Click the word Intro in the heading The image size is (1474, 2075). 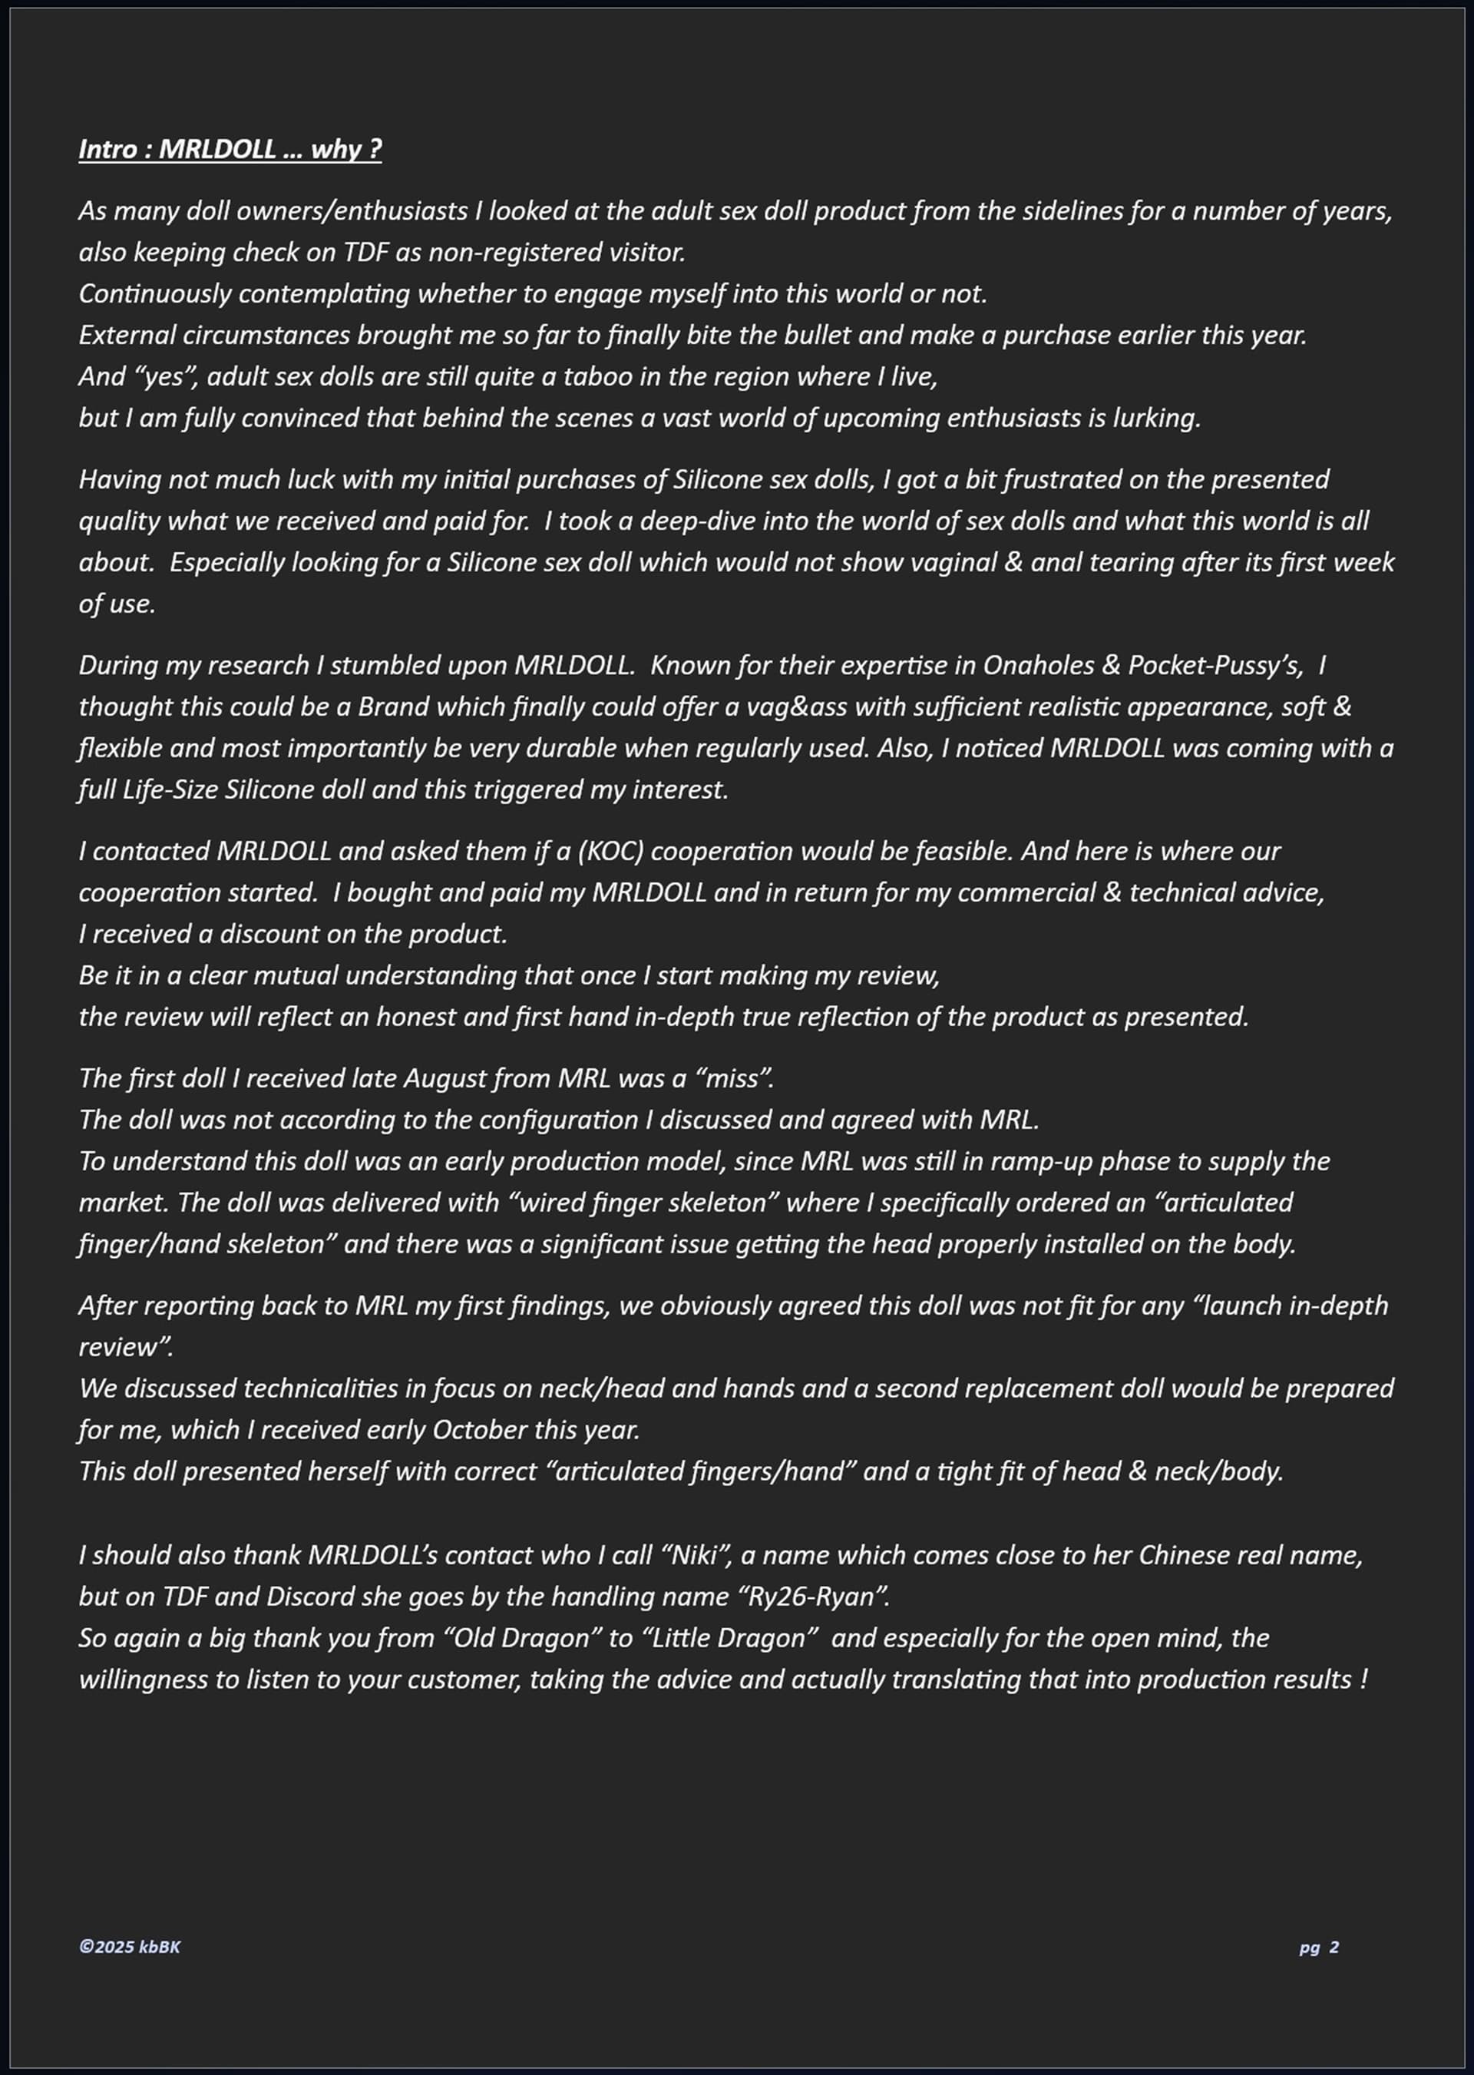pos(107,149)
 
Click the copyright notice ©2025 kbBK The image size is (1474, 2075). pos(130,1947)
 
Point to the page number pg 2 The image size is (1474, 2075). pos(1319,1947)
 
